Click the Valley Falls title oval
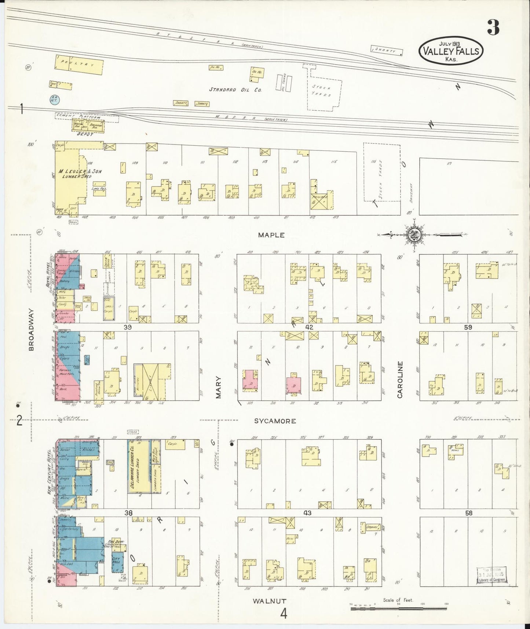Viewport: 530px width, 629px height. tap(451, 51)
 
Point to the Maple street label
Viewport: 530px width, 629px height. tap(271, 235)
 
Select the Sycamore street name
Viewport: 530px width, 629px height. tap(275, 421)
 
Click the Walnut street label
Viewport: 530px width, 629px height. tap(269, 601)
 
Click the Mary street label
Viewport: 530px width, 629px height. tap(219, 387)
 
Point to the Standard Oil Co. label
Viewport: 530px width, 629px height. tap(235, 89)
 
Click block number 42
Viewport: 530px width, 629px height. tap(309, 327)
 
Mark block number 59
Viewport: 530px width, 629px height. tap(468, 327)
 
